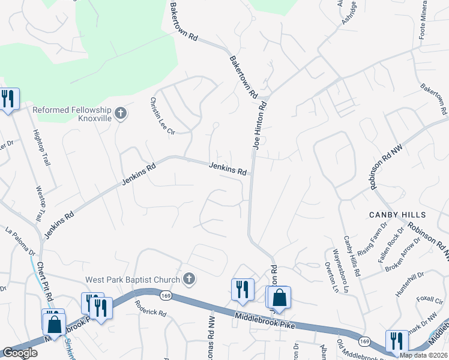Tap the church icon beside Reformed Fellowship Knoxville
click(121, 113)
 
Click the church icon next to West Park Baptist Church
click(189, 278)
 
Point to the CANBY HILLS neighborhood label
click(397, 215)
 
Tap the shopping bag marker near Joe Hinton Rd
click(279, 297)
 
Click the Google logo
click(20, 353)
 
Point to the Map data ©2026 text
click(424, 355)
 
